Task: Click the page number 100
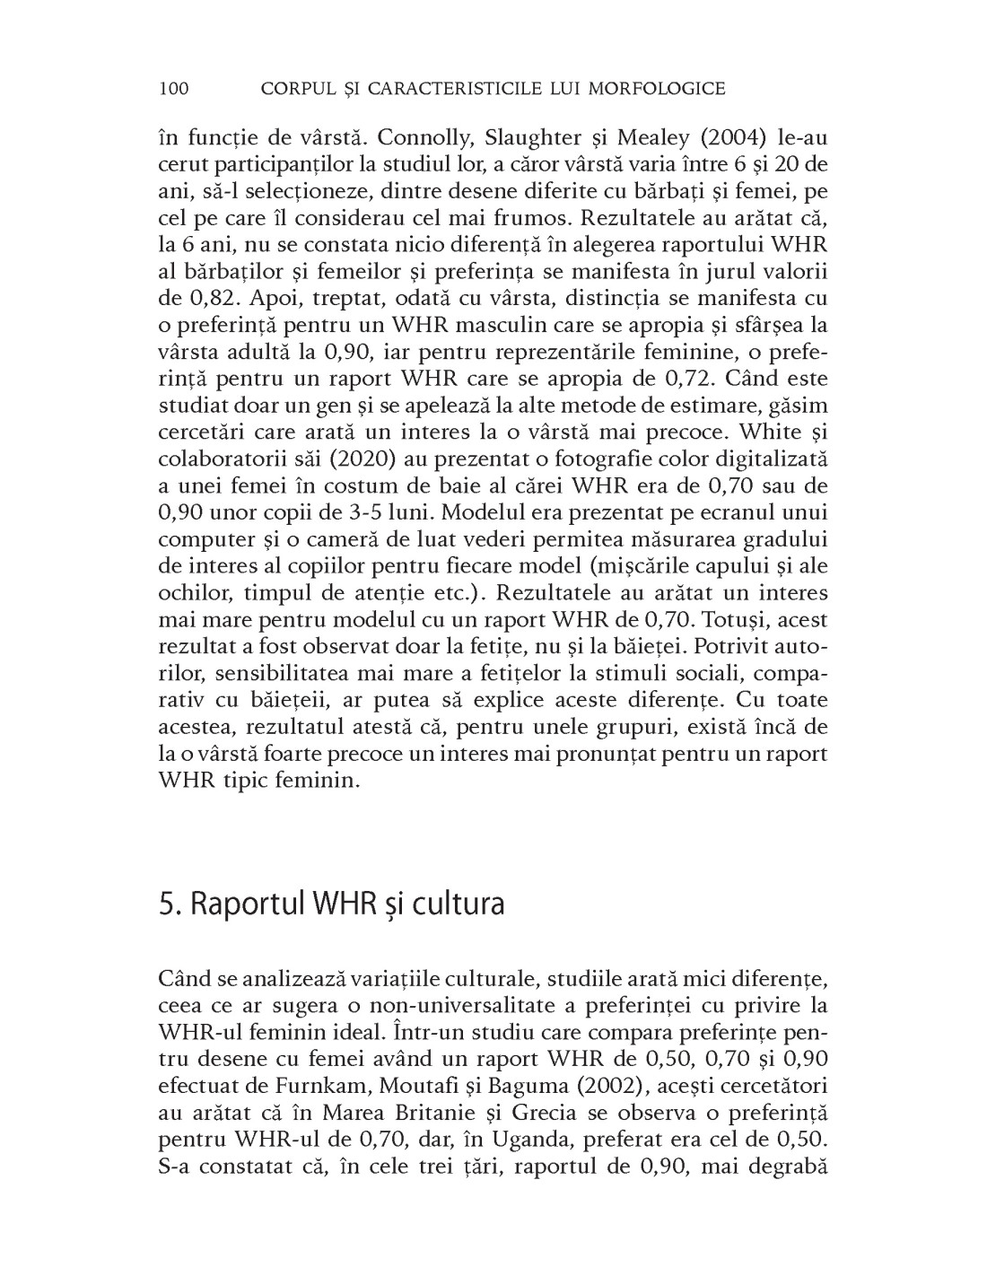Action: (x=172, y=88)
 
